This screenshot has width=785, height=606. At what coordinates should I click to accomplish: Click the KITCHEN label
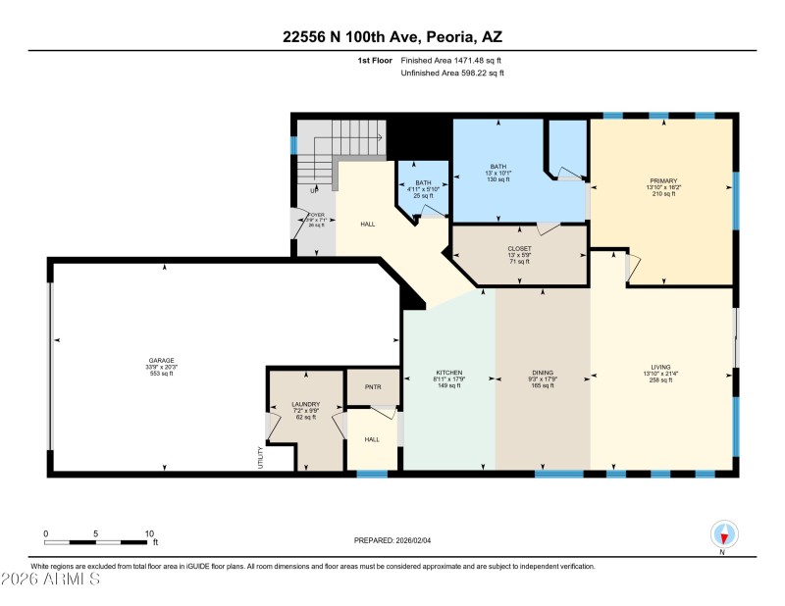[448, 373]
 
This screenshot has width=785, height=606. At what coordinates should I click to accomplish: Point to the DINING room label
[543, 373]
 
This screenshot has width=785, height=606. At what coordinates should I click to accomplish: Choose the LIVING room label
[659, 367]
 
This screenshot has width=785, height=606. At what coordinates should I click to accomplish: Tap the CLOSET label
[519, 249]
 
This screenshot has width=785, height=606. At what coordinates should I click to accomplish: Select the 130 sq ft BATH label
[498, 167]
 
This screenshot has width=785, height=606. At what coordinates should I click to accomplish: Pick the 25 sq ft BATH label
[422, 182]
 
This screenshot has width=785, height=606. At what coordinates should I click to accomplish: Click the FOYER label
[315, 214]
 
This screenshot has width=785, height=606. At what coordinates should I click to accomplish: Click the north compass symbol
[723, 534]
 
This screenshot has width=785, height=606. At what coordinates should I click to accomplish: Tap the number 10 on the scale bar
[149, 533]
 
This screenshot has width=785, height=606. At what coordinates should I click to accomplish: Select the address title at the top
[392, 36]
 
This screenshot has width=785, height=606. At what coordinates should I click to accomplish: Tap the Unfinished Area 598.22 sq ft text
[452, 73]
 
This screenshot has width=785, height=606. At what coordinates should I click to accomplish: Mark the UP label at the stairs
[314, 190]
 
